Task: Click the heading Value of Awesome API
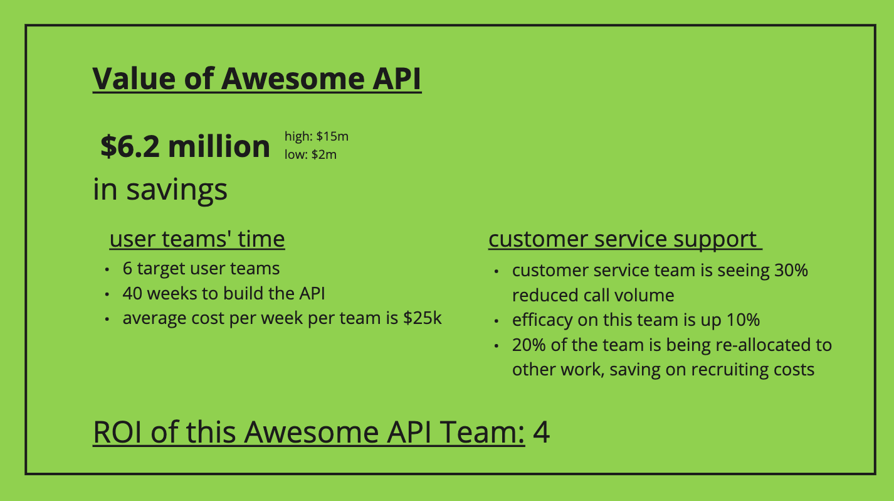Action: click(257, 79)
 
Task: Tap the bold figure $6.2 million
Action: click(186, 146)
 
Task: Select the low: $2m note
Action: click(310, 154)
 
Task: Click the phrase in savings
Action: click(160, 188)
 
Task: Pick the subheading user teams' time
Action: click(197, 239)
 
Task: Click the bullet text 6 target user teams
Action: click(201, 269)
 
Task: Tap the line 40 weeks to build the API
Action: click(224, 293)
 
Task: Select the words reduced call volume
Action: click(593, 295)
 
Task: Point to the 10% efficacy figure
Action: click(743, 320)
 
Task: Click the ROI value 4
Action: click(541, 433)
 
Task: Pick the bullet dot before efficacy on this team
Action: click(497, 321)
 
